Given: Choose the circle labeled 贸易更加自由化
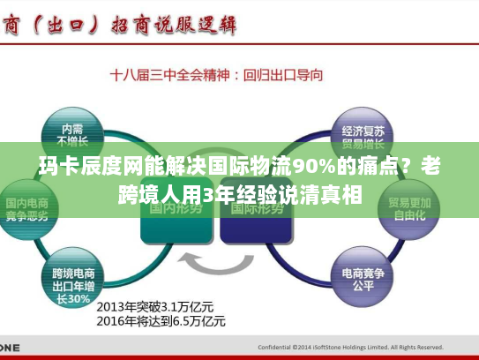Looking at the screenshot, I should pyautogui.click(x=410, y=207).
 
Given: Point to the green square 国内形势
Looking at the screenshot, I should pyautogui.click(x=177, y=208).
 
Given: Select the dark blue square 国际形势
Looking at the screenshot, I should pyautogui.click(x=256, y=208).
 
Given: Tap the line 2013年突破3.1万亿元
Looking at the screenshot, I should pyautogui.click(x=160, y=306).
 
